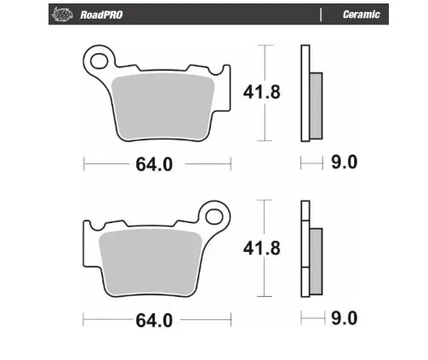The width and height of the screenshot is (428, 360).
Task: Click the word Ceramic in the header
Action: (x=361, y=14)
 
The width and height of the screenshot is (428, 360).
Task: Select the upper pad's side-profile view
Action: (x=308, y=94)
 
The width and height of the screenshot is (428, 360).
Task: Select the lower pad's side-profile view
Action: (x=308, y=249)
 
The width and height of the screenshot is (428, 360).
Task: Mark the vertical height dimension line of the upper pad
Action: (x=268, y=94)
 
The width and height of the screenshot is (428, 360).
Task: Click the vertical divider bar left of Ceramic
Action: (x=321, y=14)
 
